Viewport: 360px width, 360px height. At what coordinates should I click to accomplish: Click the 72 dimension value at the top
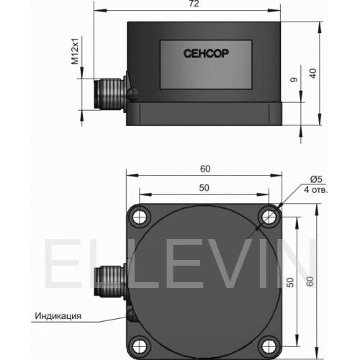194,4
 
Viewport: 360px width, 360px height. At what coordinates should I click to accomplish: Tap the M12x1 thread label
75,51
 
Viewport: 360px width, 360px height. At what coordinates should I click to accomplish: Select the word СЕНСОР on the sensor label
206,53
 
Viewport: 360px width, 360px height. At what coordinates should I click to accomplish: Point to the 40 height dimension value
312,73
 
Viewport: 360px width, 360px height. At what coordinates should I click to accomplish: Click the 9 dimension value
294,79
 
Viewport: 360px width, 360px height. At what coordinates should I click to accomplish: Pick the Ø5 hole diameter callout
316,179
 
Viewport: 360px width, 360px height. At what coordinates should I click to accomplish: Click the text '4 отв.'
315,189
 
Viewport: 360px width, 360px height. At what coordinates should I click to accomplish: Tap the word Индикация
58,316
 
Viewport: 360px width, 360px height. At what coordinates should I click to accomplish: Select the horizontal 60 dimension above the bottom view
205,168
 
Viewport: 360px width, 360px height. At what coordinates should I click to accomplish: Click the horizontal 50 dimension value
204,188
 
